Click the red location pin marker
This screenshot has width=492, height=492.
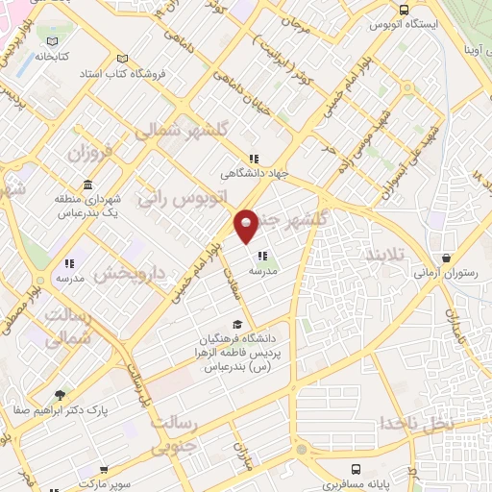click(x=246, y=226)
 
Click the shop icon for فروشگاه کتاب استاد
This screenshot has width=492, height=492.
click(x=119, y=58)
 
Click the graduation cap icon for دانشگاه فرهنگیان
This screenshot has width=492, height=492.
click(x=237, y=324)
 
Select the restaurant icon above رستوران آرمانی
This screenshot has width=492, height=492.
click(x=447, y=258)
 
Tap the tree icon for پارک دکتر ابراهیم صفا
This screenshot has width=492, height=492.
click(x=61, y=395)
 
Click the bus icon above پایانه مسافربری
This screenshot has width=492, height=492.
click(x=356, y=470)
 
